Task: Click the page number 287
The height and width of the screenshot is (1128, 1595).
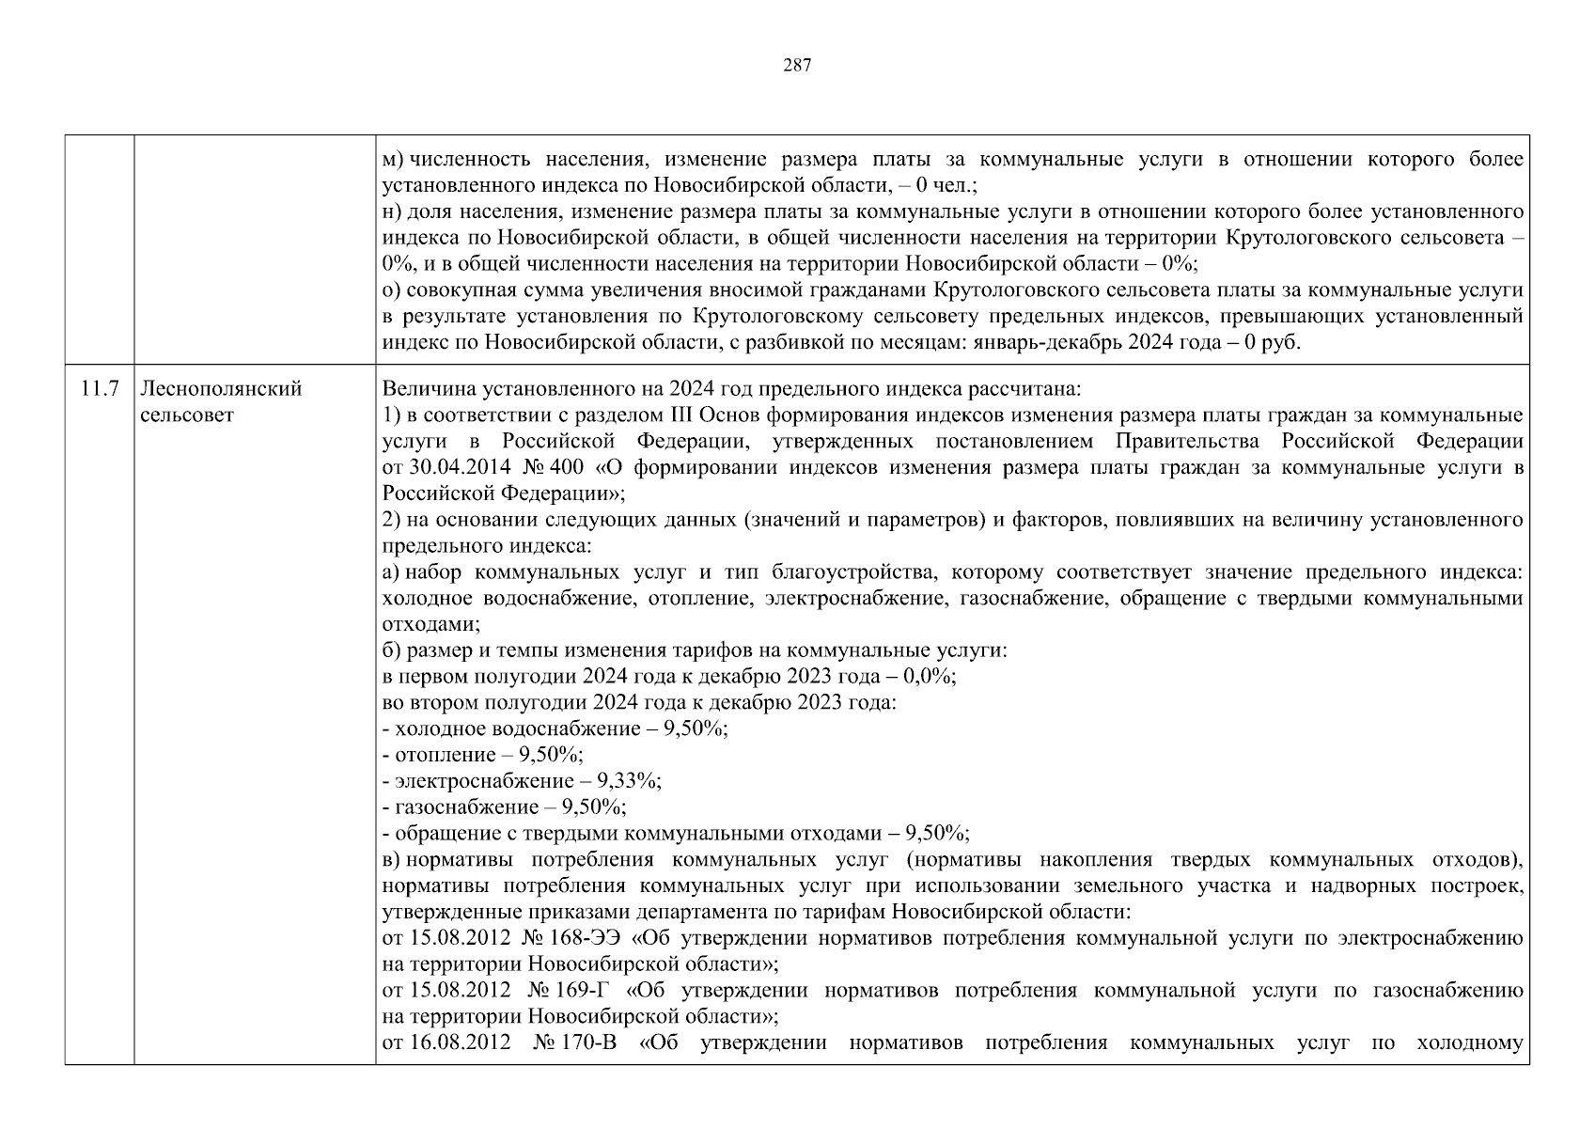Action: pyautogui.click(x=797, y=65)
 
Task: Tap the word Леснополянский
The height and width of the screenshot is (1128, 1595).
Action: pyautogui.click(x=221, y=389)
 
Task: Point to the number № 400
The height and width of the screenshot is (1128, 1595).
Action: pyautogui.click(x=556, y=467)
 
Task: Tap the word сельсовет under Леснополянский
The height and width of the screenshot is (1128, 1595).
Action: pyautogui.click(x=187, y=415)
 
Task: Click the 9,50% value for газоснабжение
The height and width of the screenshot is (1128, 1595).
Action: pyautogui.click(x=593, y=807)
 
